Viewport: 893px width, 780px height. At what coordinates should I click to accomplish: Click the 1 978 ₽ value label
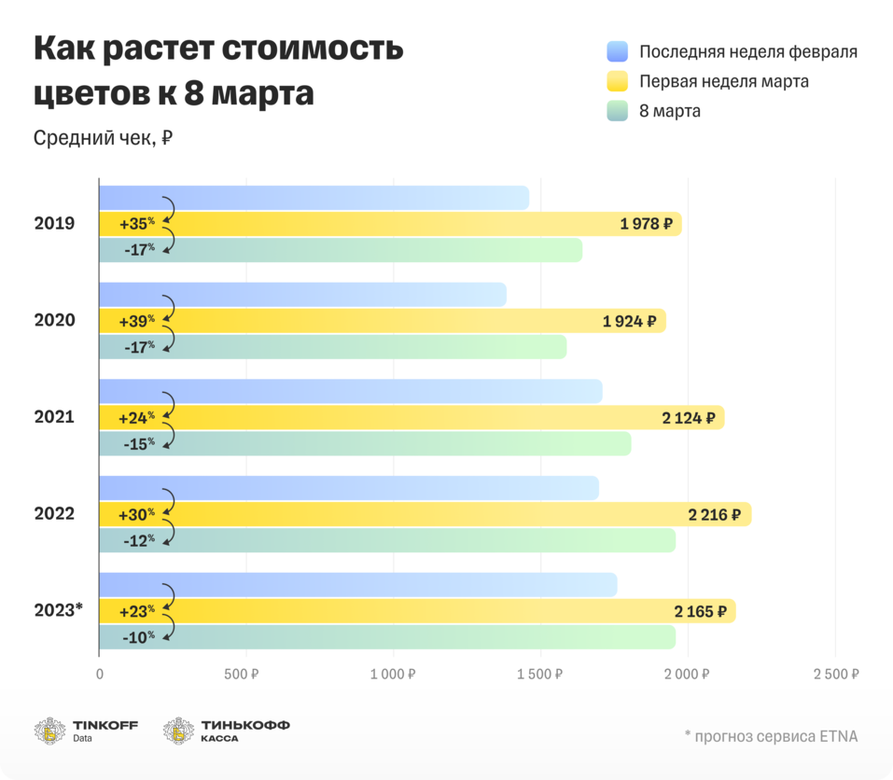[647, 224]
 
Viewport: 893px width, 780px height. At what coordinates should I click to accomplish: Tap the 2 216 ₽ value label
[715, 514]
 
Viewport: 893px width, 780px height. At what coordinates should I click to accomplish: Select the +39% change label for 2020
[136, 321]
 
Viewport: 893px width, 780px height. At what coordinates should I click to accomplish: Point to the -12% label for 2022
[138, 539]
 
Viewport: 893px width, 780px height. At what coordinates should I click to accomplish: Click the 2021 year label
[54, 417]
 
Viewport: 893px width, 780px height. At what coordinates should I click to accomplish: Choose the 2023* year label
[58, 610]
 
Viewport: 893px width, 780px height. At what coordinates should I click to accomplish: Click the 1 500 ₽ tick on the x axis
[540, 675]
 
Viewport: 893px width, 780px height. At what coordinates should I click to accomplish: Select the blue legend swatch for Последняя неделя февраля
[617, 51]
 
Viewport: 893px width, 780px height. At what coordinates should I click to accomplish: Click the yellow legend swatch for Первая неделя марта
[617, 81]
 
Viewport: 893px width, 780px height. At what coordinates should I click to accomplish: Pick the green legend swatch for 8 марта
[617, 111]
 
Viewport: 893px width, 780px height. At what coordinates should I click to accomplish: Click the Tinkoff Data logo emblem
[50, 731]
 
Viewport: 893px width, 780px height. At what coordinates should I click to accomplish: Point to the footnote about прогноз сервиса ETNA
[770, 736]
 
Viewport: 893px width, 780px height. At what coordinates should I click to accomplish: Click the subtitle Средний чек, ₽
[103, 138]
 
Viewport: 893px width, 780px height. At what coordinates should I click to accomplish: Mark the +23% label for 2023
[136, 612]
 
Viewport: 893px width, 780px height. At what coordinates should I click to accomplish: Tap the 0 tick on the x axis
[100, 675]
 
